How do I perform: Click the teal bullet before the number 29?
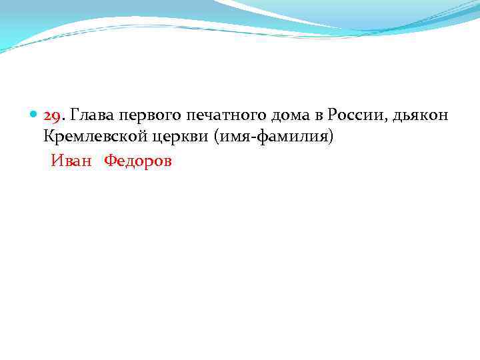[35, 115]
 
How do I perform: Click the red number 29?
[52, 115]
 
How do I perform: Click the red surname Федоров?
[137, 161]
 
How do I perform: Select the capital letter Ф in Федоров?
[109, 161]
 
